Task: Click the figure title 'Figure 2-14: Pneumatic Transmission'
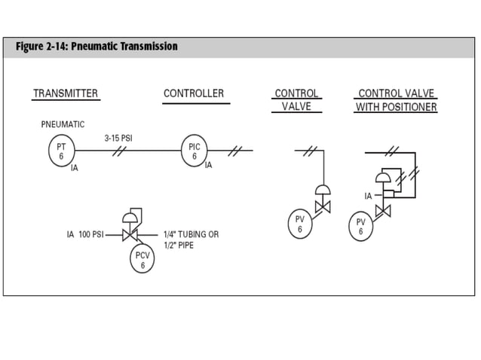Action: pos(97,47)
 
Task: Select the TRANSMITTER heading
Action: pos(65,93)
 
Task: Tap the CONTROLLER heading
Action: pos(194,93)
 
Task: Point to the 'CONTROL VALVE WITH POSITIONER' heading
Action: pos(396,100)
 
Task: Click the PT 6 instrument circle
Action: pos(61,151)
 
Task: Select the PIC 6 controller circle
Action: pos(194,151)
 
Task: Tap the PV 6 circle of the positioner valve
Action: pos(361,226)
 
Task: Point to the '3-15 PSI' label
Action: pos(118,138)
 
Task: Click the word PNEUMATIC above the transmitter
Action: pos(63,124)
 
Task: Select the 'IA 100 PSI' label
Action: pos(84,235)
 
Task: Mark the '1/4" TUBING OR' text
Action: pos(191,235)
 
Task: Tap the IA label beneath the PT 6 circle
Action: pos(74,168)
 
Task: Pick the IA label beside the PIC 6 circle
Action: pos(208,165)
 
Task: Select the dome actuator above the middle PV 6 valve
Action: pos(323,190)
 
